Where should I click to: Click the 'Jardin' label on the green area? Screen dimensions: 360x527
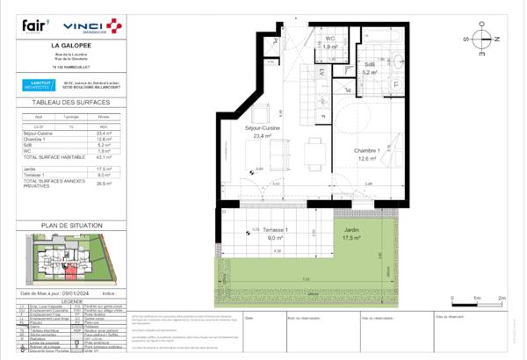click(351, 231)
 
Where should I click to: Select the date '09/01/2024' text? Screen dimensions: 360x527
click(77, 293)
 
